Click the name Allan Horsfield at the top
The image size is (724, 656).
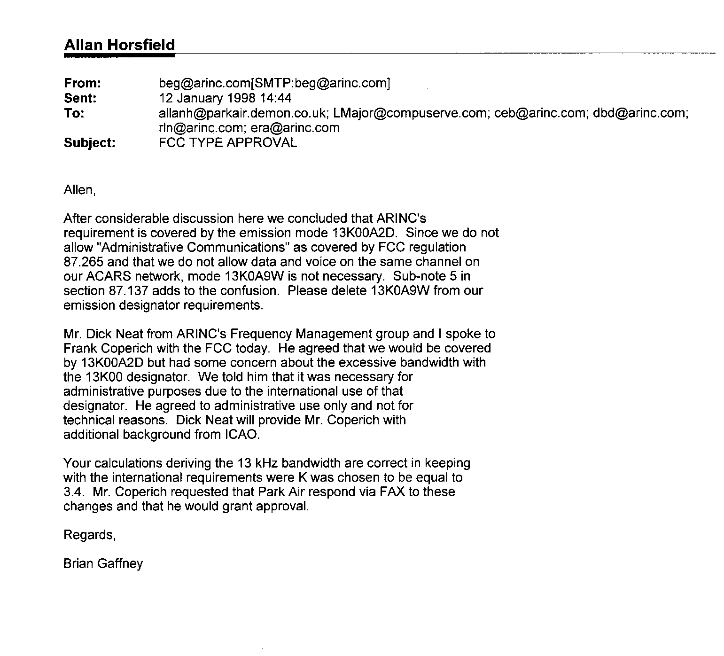coord(119,45)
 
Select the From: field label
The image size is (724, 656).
coord(82,84)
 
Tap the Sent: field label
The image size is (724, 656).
coord(80,98)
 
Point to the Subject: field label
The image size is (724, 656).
coord(89,142)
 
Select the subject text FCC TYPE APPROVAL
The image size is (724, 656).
coord(228,142)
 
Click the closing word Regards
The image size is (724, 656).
coord(89,535)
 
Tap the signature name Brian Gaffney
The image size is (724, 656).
coord(103,564)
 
